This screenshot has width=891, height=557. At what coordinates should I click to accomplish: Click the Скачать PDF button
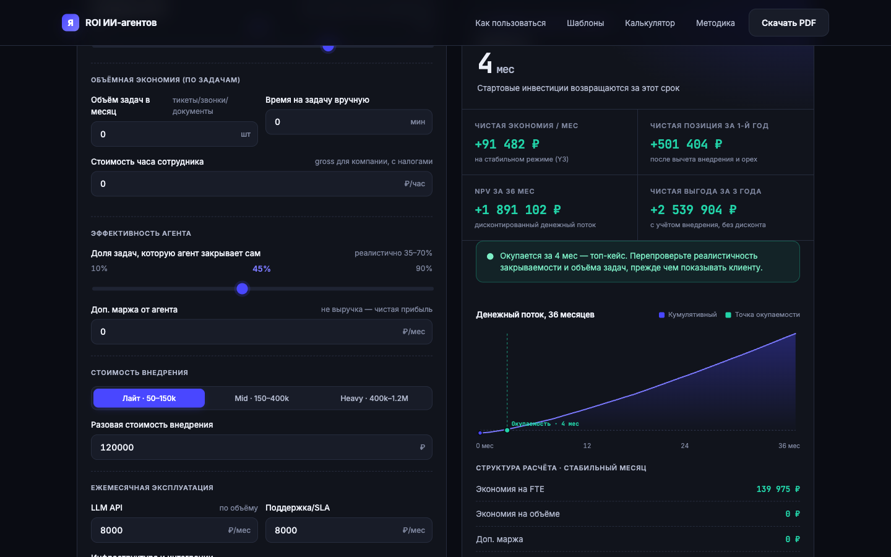pyautogui.click(x=788, y=23)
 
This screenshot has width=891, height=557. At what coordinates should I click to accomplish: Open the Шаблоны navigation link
pyautogui.click(x=585, y=23)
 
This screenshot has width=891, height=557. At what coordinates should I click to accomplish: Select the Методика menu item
pyautogui.click(x=715, y=23)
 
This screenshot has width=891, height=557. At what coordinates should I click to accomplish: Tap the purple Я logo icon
pyautogui.click(x=71, y=23)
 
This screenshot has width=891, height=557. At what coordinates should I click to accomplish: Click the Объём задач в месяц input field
pyautogui.click(x=174, y=134)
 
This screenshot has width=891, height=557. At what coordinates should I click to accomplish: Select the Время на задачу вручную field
pyautogui.click(x=349, y=122)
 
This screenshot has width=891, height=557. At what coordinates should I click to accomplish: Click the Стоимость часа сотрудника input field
pyautogui.click(x=262, y=184)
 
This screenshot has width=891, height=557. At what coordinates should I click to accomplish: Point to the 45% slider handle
pyautogui.click(x=243, y=289)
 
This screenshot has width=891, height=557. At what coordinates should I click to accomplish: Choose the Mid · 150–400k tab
pyautogui.click(x=262, y=399)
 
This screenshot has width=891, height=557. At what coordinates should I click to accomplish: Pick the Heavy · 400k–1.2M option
pyautogui.click(x=374, y=399)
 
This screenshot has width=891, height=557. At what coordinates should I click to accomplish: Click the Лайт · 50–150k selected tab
pyautogui.click(x=149, y=399)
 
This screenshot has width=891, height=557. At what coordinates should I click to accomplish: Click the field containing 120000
pyautogui.click(x=262, y=447)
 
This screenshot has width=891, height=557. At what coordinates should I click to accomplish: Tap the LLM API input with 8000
pyautogui.click(x=174, y=530)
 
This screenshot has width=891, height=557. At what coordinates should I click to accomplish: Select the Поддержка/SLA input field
pyautogui.click(x=349, y=530)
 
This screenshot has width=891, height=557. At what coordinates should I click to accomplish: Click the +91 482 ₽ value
pyautogui.click(x=507, y=144)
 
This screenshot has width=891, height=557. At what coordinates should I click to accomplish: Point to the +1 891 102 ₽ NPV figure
pyautogui.click(x=517, y=210)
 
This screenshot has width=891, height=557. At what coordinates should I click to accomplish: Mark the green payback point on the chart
pyautogui.click(x=507, y=430)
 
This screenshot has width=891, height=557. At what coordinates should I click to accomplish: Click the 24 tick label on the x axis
pyautogui.click(x=684, y=446)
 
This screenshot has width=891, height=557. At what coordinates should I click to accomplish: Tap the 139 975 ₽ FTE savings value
pyautogui.click(x=778, y=489)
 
